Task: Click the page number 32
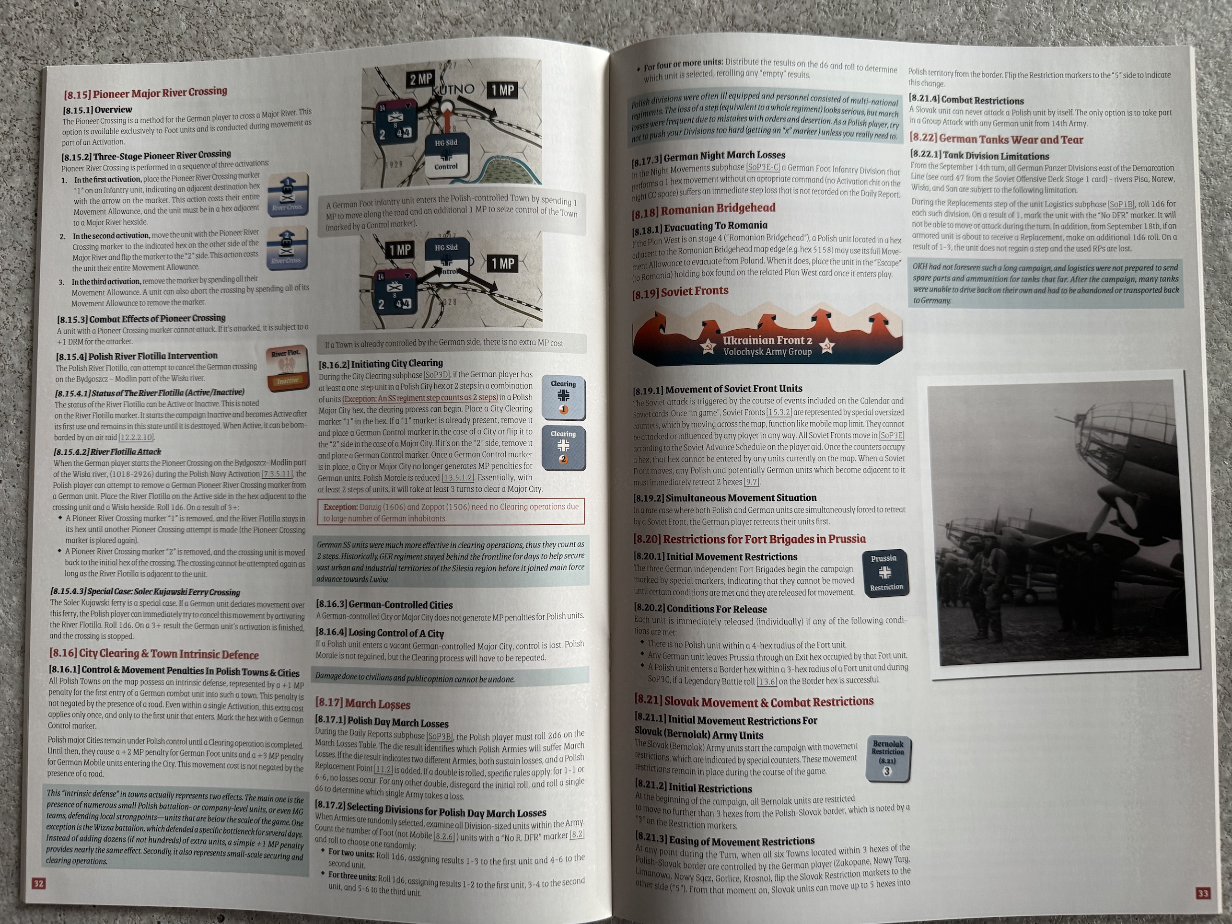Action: [x=38, y=883]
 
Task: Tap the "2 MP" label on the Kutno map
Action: [x=421, y=79]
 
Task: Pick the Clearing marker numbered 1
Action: [x=563, y=396]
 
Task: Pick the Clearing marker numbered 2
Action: [x=563, y=447]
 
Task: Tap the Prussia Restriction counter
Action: [x=885, y=573]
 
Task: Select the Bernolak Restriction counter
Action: [x=888, y=758]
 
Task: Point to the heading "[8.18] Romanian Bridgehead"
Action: [x=703, y=209]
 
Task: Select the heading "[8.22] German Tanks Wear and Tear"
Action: [x=997, y=139]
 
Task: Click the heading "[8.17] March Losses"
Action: [x=362, y=704]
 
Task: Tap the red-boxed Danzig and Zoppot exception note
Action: [x=451, y=512]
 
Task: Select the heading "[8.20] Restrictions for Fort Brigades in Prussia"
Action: [x=750, y=539]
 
